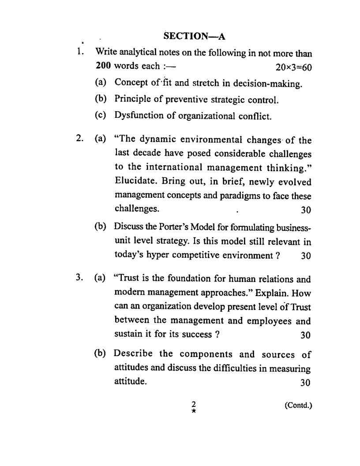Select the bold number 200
coord(103,66)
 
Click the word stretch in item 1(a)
coord(182,83)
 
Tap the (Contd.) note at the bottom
coord(298,405)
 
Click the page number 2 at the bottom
coord(193,404)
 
